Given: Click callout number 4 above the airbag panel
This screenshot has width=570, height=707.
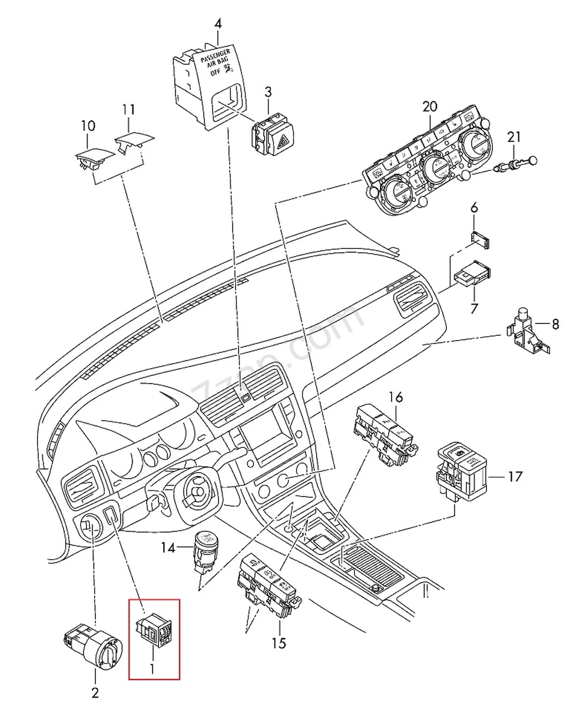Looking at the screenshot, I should point(218,25).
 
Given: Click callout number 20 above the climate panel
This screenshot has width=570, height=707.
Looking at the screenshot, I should point(430,107).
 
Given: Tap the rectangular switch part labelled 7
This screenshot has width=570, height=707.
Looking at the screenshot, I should point(473,274).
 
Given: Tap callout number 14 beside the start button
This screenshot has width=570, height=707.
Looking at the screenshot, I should point(168,547).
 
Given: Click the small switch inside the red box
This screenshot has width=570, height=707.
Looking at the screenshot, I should point(154,629).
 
